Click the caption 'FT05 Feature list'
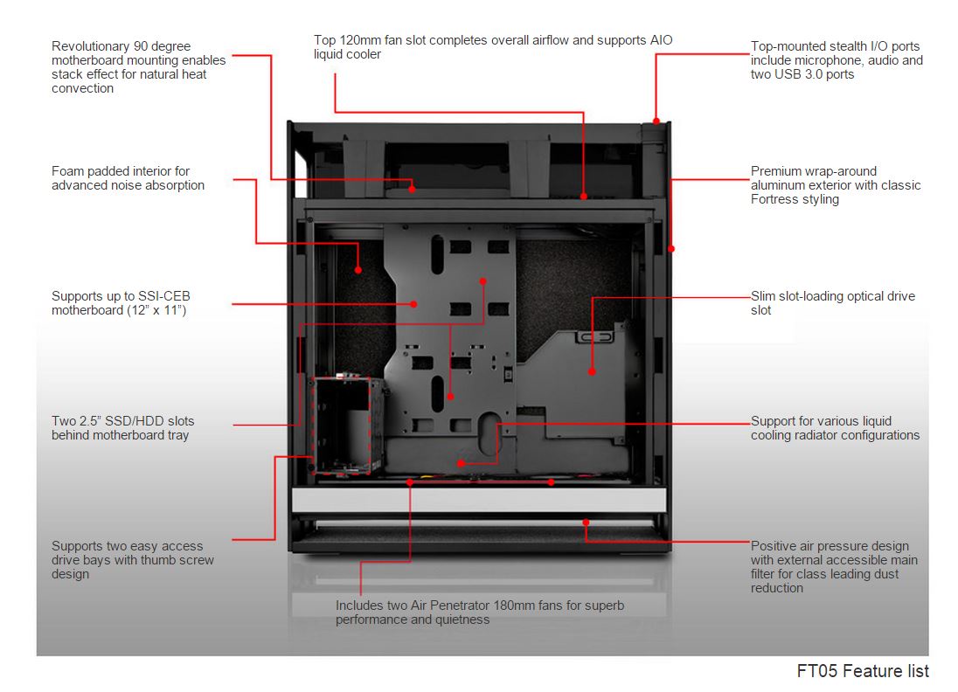[x=863, y=671]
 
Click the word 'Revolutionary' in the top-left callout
[x=91, y=46]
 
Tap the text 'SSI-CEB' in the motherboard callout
[x=165, y=296]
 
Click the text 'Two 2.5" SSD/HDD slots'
[x=123, y=421]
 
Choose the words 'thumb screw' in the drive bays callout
[x=178, y=560]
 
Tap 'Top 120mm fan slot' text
[x=372, y=40]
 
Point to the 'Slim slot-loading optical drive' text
[x=833, y=296]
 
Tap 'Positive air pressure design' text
[x=830, y=546]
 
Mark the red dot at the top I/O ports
[x=656, y=121]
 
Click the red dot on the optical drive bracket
[x=592, y=371]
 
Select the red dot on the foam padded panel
[x=358, y=270]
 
